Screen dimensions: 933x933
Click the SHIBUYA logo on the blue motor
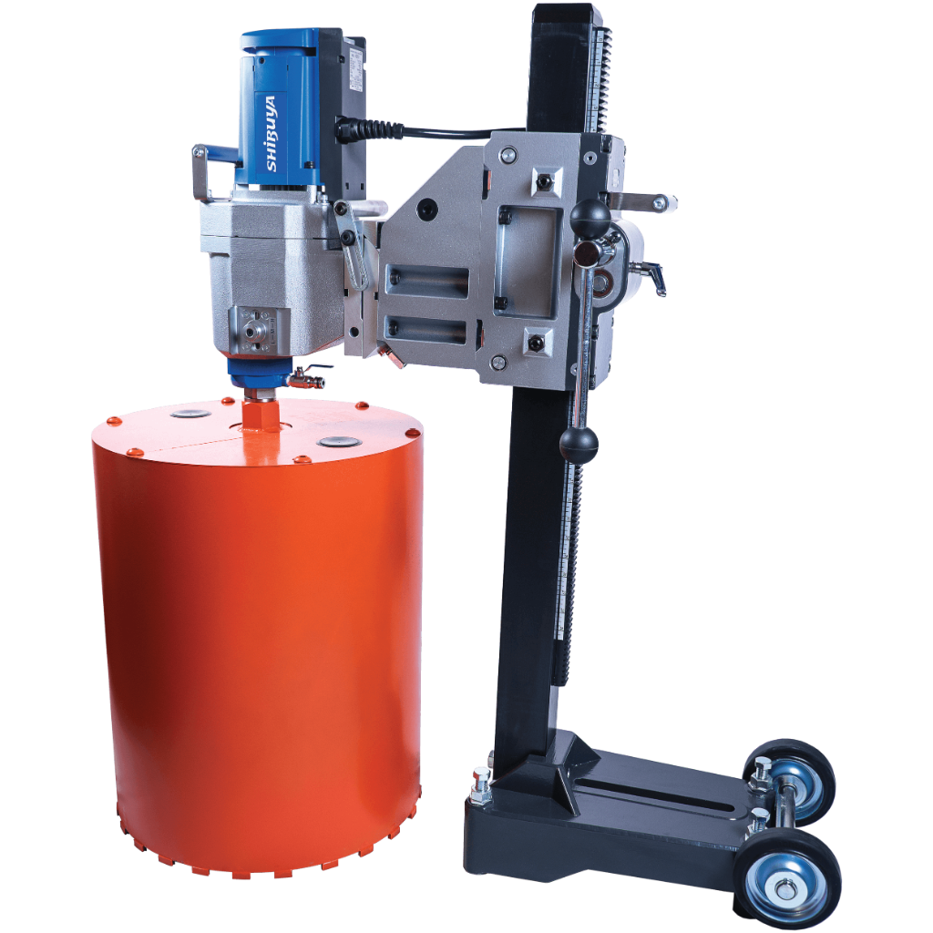pos(272,133)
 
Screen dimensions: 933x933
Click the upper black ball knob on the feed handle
pos(590,216)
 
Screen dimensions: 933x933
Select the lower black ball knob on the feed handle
pos(579,445)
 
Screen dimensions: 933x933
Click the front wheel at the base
pos(787,879)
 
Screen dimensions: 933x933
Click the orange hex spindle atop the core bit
pos(260,412)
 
